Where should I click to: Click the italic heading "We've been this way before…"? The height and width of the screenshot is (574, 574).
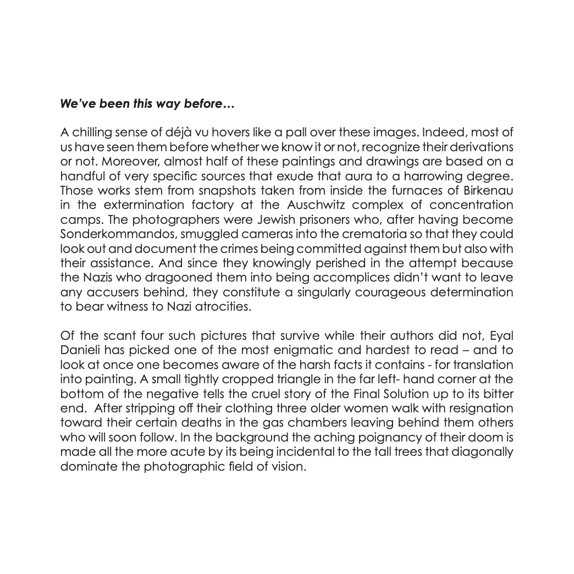[x=147, y=103]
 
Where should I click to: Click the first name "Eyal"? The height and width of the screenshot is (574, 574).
[x=503, y=336]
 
